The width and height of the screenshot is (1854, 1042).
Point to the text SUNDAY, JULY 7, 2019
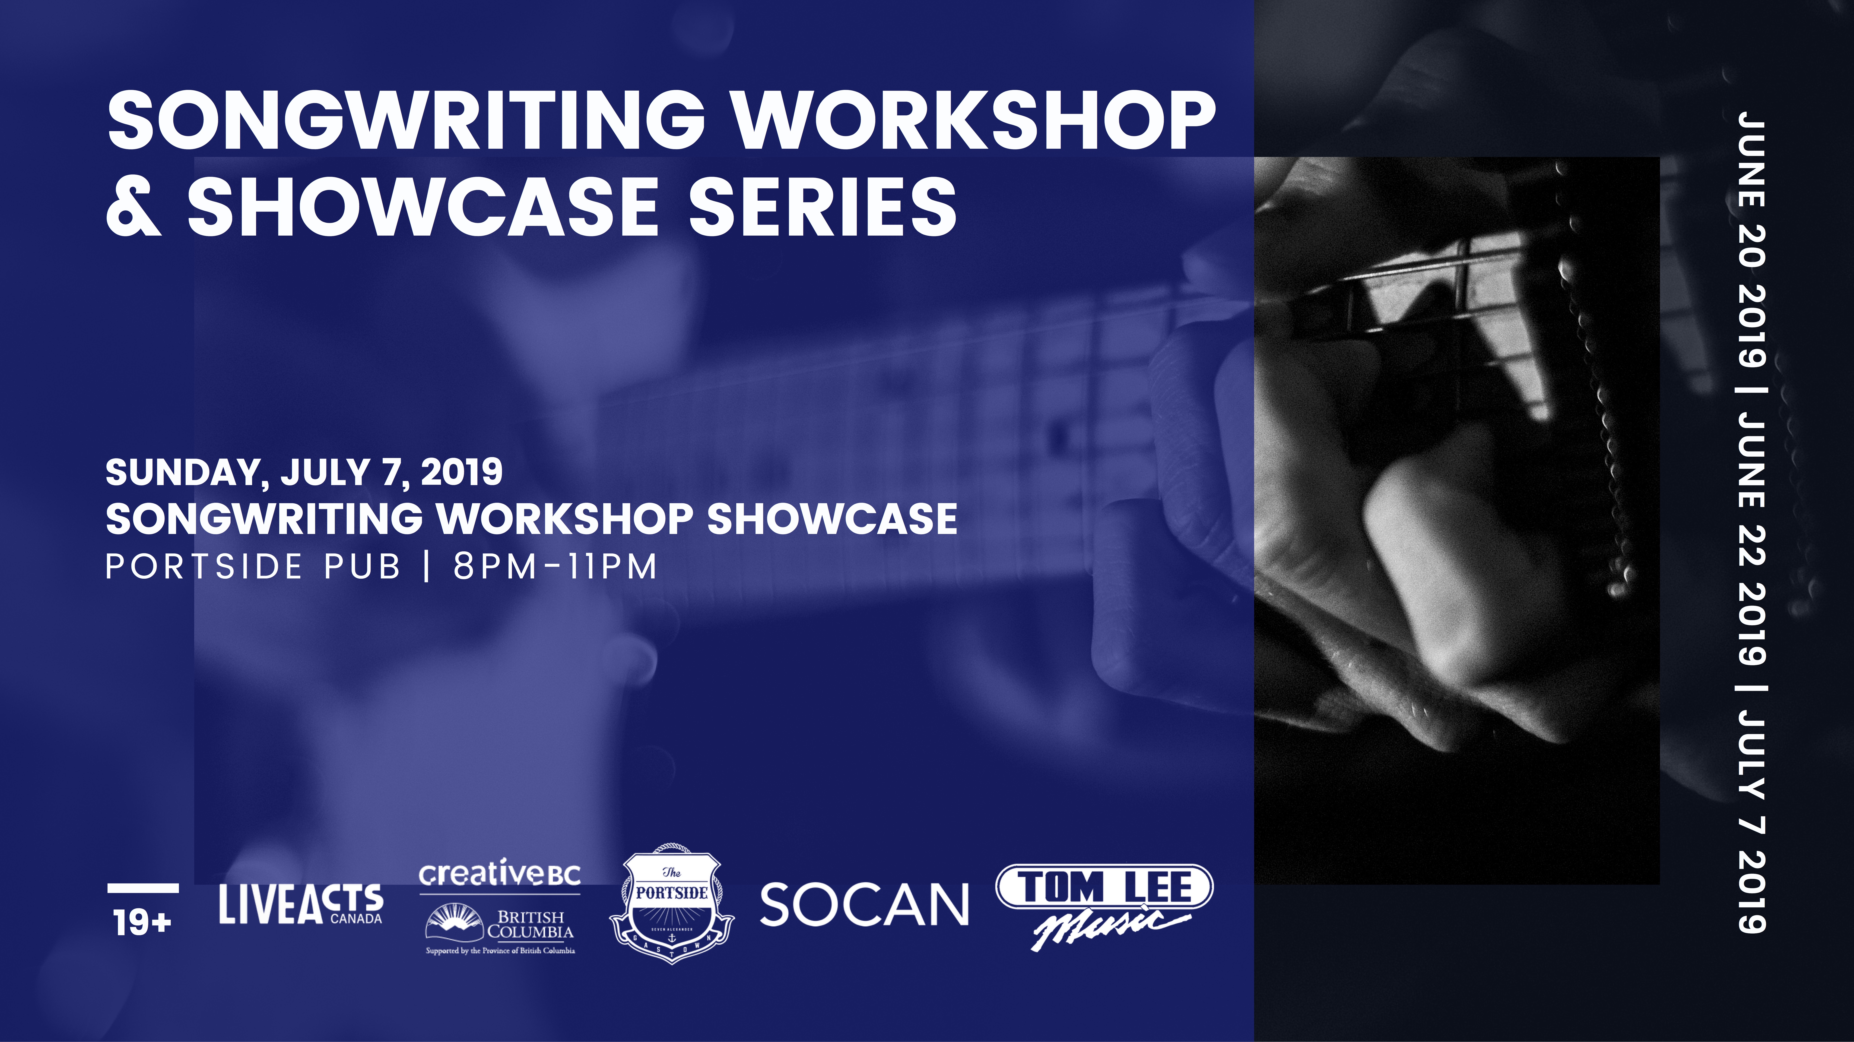click(304, 472)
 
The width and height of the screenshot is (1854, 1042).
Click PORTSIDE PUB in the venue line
click(253, 566)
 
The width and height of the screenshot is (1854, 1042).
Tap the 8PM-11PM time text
click(555, 566)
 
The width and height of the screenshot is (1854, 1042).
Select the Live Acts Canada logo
click(301, 905)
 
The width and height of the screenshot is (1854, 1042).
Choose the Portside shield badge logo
click(672, 904)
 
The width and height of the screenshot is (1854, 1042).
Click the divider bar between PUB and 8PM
click(428, 566)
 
